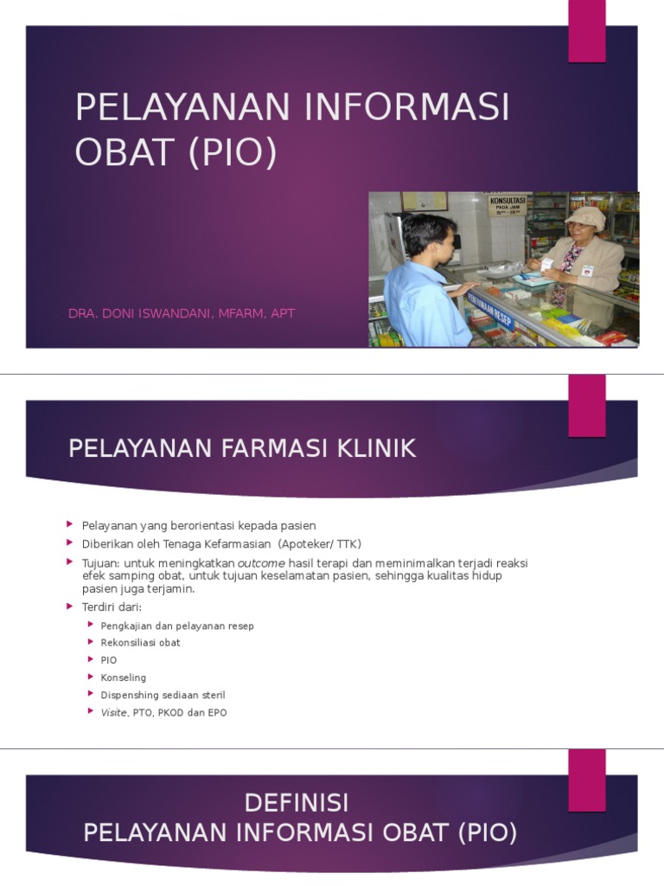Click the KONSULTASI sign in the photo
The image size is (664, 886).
click(508, 205)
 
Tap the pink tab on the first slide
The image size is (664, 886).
click(586, 31)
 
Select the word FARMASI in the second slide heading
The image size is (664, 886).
click(278, 448)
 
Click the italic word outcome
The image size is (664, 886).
click(261, 563)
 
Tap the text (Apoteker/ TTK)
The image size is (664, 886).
click(320, 544)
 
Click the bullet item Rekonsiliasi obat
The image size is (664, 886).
click(140, 643)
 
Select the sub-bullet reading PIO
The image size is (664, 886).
click(109, 660)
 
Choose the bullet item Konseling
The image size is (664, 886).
click(124, 677)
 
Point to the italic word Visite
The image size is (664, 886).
click(114, 712)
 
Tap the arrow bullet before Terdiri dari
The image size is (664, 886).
click(70, 607)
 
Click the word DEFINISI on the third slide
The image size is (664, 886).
click(297, 803)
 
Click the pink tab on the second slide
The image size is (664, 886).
click(586, 405)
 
